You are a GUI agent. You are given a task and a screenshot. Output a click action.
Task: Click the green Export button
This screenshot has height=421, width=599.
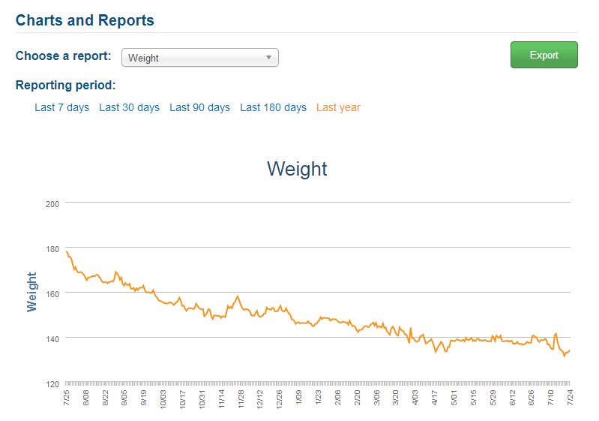(x=544, y=55)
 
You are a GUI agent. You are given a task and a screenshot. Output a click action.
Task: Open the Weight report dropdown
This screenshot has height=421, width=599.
(x=200, y=57)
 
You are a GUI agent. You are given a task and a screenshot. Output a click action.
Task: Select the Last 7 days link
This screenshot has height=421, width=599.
(x=62, y=107)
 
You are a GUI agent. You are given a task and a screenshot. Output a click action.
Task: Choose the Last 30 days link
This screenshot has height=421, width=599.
(x=129, y=107)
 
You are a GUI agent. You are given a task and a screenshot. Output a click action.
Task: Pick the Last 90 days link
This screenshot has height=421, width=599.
(x=200, y=107)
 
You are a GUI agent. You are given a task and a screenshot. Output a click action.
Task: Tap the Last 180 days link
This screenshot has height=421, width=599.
(x=273, y=107)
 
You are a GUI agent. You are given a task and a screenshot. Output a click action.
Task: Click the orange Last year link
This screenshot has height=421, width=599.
(x=338, y=107)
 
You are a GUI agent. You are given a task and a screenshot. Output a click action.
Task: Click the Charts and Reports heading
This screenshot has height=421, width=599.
(x=85, y=20)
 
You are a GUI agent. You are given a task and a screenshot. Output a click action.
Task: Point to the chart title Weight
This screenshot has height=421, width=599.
(x=297, y=169)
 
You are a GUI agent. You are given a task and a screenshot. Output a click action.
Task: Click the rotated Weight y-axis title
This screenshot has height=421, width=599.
(x=31, y=292)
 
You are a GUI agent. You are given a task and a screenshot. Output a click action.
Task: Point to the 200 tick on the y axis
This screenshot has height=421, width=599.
(x=52, y=204)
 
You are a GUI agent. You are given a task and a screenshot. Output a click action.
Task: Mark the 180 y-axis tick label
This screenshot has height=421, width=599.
(x=52, y=249)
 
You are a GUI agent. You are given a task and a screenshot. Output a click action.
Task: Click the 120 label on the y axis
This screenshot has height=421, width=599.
(x=52, y=384)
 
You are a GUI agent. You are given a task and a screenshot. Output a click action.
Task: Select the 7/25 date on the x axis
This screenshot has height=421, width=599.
(x=66, y=397)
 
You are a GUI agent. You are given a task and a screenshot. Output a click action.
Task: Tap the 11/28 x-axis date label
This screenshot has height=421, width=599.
(x=241, y=399)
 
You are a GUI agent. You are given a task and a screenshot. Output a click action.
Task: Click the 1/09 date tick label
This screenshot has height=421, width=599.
(x=298, y=397)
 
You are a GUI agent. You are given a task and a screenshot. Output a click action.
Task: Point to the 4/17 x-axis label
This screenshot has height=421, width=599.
(x=434, y=397)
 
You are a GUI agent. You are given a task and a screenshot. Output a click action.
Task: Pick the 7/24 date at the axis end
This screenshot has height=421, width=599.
(x=570, y=397)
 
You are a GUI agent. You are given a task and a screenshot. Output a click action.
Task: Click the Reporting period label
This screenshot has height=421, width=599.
(x=65, y=85)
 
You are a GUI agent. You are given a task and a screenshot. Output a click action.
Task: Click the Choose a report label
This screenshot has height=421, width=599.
(x=64, y=56)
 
